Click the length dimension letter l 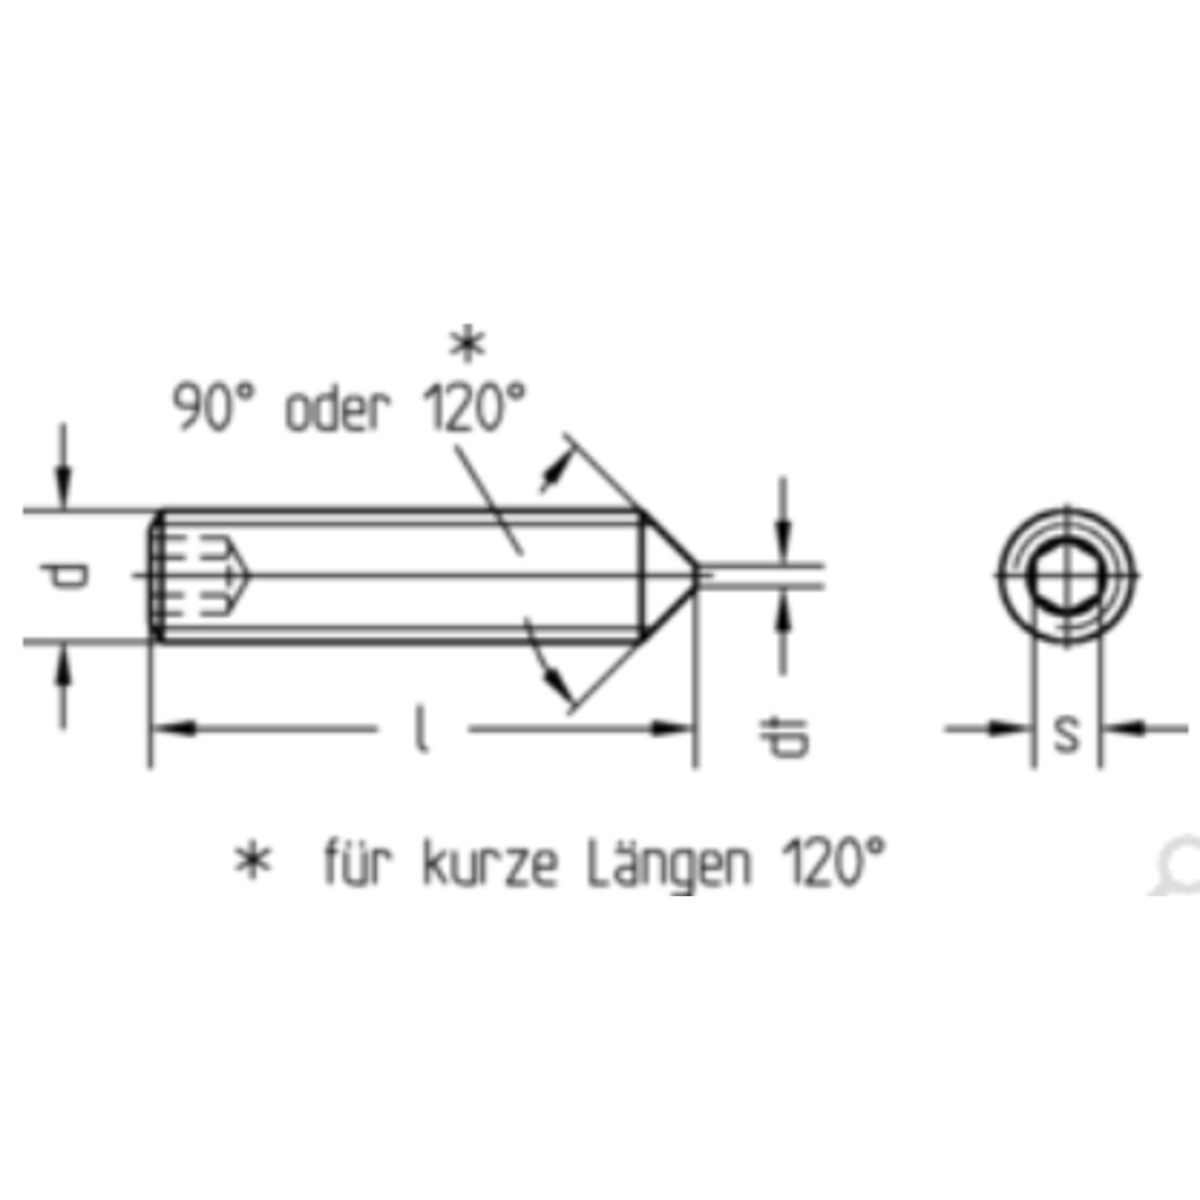(x=422, y=729)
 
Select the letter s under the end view (x=1066, y=734)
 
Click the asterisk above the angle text (x=467, y=346)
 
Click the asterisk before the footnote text (x=252, y=862)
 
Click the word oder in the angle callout (x=337, y=411)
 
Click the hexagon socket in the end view (x=1066, y=576)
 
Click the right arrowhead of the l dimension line (x=672, y=728)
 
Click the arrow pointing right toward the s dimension (x=1006, y=728)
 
